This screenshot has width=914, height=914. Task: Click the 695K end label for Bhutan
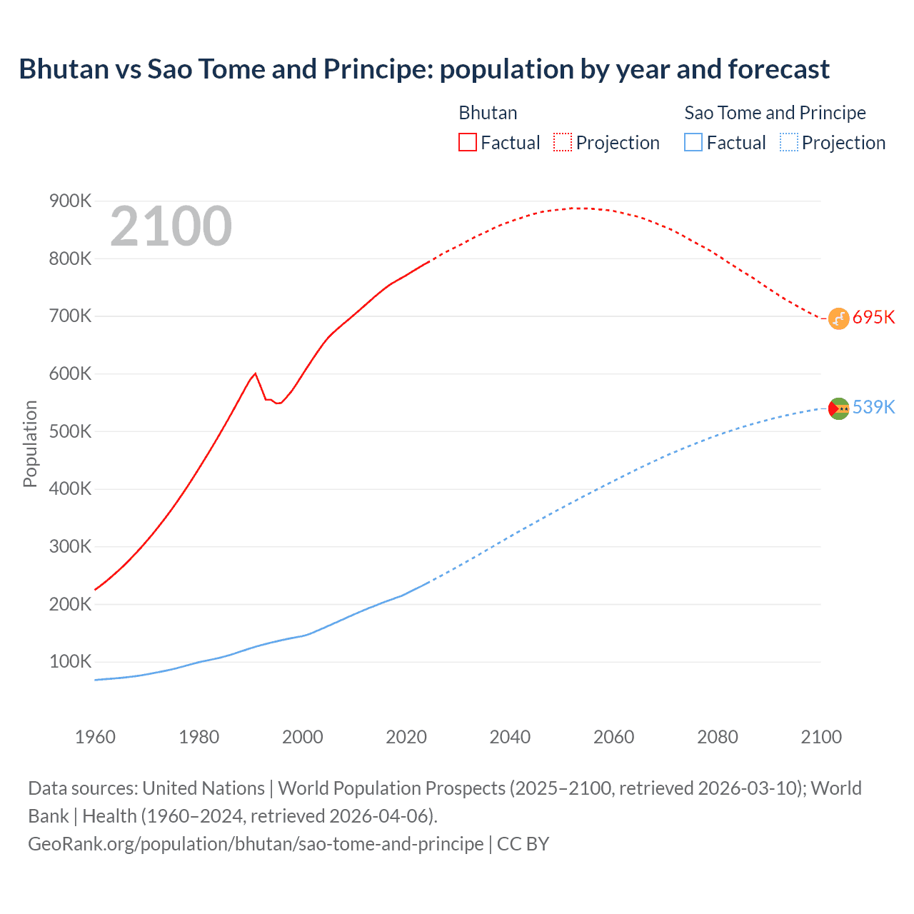click(873, 317)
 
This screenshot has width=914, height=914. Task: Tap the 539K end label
click(873, 407)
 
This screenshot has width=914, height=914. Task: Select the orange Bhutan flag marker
click(838, 318)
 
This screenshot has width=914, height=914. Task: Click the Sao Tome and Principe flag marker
click(838, 408)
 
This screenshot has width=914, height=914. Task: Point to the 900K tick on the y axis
click(70, 201)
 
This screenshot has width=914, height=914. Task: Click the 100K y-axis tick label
click(70, 662)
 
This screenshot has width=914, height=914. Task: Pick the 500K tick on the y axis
click(70, 431)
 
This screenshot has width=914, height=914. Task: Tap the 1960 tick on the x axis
click(95, 737)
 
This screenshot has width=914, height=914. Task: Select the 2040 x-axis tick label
click(510, 737)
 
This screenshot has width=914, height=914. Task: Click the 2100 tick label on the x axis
click(821, 737)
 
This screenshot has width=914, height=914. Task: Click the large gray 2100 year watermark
click(171, 226)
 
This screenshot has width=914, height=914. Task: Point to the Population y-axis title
click(30, 443)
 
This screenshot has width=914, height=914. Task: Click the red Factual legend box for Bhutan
click(467, 142)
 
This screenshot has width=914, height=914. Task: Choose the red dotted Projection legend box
click(563, 142)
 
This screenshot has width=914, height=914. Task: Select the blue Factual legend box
click(693, 142)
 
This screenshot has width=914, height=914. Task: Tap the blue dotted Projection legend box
click(788, 142)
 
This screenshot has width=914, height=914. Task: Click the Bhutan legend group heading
click(488, 113)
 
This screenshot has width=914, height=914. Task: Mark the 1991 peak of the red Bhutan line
click(255, 373)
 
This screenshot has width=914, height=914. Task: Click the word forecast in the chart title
click(778, 69)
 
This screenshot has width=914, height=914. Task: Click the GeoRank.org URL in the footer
click(256, 844)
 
